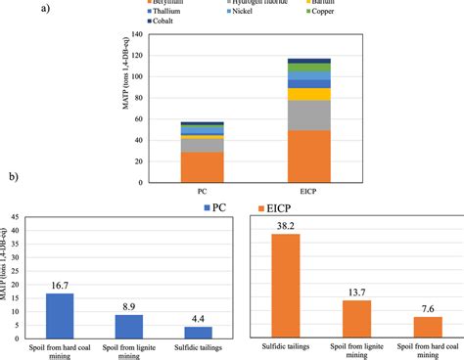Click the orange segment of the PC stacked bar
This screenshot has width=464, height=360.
(x=203, y=167)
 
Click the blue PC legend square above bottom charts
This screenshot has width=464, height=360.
(x=207, y=206)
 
